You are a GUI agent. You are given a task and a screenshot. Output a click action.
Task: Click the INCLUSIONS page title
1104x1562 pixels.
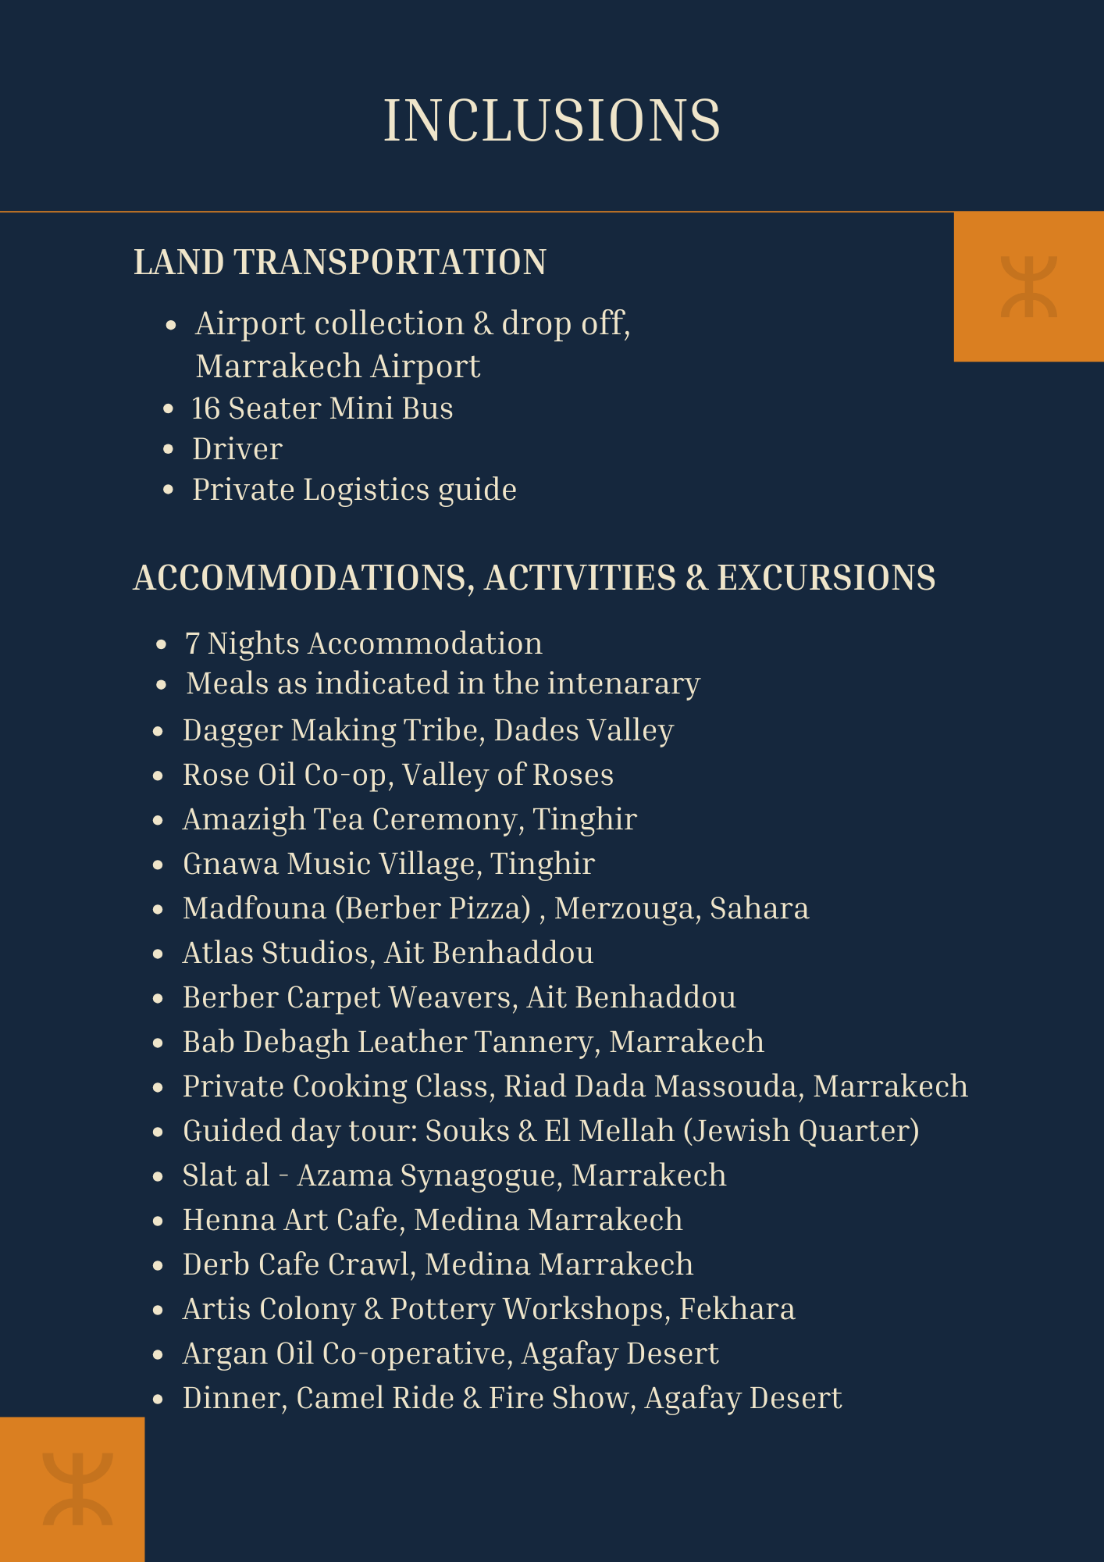point(551,121)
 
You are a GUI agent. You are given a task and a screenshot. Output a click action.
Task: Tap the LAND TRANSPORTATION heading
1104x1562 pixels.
point(340,262)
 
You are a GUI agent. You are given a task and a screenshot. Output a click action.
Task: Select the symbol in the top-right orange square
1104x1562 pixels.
point(1029,287)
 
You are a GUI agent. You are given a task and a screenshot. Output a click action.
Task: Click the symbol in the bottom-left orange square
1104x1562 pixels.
point(77,1489)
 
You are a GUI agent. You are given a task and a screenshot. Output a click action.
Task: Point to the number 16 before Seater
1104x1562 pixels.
point(206,408)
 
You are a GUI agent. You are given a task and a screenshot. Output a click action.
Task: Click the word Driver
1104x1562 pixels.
point(237,449)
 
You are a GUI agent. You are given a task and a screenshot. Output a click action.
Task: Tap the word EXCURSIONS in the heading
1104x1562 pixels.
point(826,578)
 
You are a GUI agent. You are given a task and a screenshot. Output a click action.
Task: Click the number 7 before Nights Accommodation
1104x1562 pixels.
point(192,644)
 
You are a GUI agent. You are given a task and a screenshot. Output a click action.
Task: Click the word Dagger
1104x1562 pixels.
point(233,730)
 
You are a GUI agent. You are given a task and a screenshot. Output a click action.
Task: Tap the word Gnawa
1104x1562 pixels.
point(230,864)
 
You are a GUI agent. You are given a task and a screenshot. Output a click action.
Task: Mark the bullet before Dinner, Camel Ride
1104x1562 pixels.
point(158,1399)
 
